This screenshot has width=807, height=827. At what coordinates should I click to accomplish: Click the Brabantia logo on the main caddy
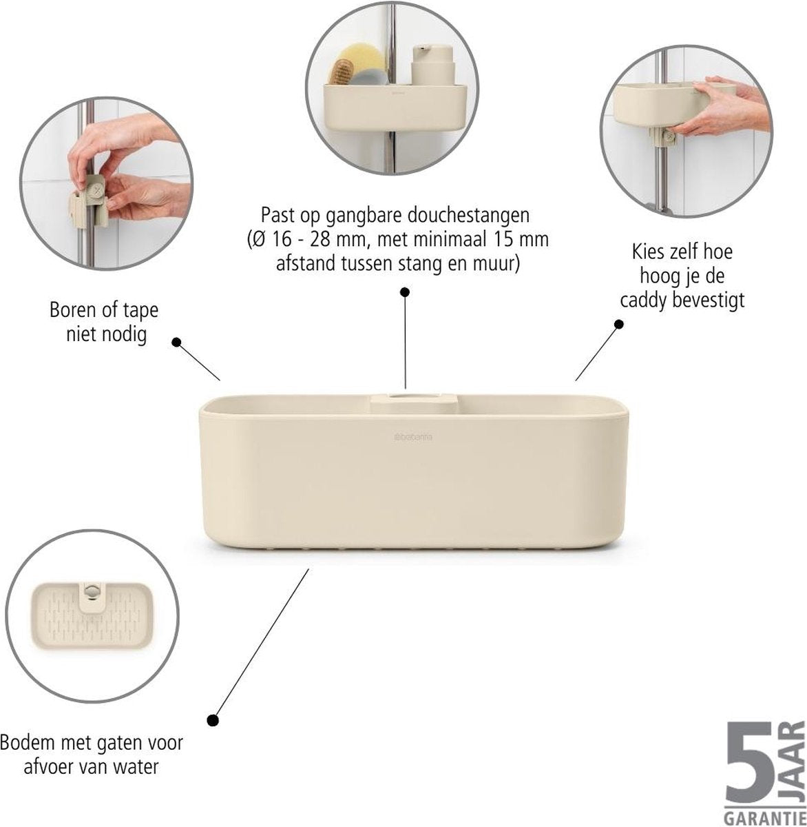(411, 437)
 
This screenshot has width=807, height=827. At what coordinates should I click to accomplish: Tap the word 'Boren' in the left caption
(70, 311)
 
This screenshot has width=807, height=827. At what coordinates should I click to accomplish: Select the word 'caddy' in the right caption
(643, 301)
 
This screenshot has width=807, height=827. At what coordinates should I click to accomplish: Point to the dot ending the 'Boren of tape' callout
(177, 342)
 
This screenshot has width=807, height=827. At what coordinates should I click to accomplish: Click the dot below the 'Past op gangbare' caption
(405, 292)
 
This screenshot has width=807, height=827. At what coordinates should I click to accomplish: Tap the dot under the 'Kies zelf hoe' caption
(619, 324)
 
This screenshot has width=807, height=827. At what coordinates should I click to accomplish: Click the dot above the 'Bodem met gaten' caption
(213, 721)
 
